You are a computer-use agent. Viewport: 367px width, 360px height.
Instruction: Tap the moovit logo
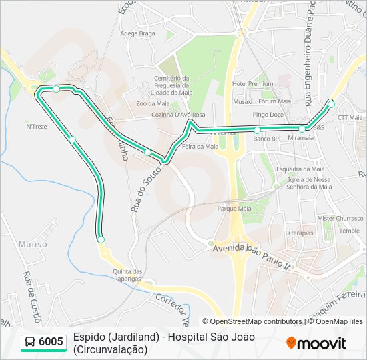(x=316, y=343)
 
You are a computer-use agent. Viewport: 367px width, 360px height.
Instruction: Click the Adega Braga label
(x=137, y=33)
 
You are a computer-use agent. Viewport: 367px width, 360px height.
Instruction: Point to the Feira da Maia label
(x=200, y=146)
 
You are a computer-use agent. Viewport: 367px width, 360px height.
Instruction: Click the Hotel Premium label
(x=252, y=84)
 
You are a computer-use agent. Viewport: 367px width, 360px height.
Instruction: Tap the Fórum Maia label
(x=275, y=101)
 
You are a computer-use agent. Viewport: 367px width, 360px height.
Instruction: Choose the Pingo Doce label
(x=268, y=115)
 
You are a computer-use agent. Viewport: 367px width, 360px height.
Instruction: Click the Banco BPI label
(x=266, y=139)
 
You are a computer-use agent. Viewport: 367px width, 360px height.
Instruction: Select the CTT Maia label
(x=350, y=117)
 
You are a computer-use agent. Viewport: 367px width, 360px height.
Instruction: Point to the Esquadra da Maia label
(x=300, y=169)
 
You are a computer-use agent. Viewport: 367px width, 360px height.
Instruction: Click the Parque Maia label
(x=234, y=208)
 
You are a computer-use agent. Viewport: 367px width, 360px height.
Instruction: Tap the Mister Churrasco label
(x=339, y=218)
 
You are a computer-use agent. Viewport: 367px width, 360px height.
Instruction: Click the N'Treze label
(x=36, y=126)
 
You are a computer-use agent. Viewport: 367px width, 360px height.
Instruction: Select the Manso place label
(x=33, y=244)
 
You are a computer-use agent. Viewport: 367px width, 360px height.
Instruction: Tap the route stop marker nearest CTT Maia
(x=331, y=103)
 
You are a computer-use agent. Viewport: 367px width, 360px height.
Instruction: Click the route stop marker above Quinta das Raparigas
(x=101, y=239)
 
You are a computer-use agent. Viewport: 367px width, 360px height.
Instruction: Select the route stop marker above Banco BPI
(x=257, y=130)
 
